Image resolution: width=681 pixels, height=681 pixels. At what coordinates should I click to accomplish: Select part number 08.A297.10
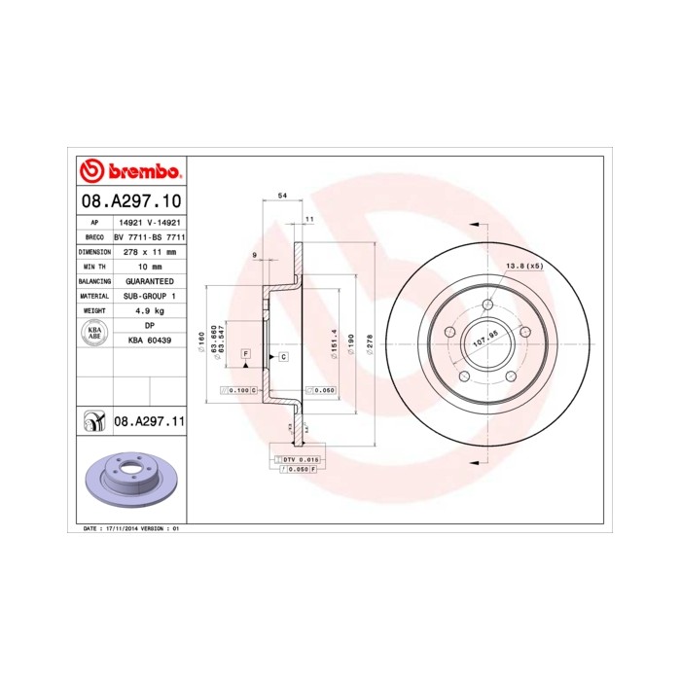coord(130,201)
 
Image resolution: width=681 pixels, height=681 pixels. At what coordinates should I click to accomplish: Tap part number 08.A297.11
coord(150,421)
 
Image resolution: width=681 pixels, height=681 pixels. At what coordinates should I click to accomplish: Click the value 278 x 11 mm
coord(151,251)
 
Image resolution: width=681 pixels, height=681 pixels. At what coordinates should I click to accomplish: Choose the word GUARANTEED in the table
coord(151,280)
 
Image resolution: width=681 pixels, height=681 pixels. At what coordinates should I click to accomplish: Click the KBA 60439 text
coord(151,340)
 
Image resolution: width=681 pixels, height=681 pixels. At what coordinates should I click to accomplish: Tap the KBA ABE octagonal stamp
coord(94,333)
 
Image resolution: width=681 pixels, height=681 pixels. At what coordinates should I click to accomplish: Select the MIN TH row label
coord(94,266)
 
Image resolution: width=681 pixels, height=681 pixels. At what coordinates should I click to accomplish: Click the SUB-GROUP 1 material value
coord(151,295)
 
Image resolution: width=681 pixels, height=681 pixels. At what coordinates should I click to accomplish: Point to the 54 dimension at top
coord(283,197)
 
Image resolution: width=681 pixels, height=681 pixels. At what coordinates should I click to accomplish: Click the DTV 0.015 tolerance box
coord(298,458)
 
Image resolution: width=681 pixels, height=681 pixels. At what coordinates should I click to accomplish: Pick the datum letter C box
coord(282,357)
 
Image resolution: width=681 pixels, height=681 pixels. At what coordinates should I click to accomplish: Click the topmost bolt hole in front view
coord(486,304)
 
